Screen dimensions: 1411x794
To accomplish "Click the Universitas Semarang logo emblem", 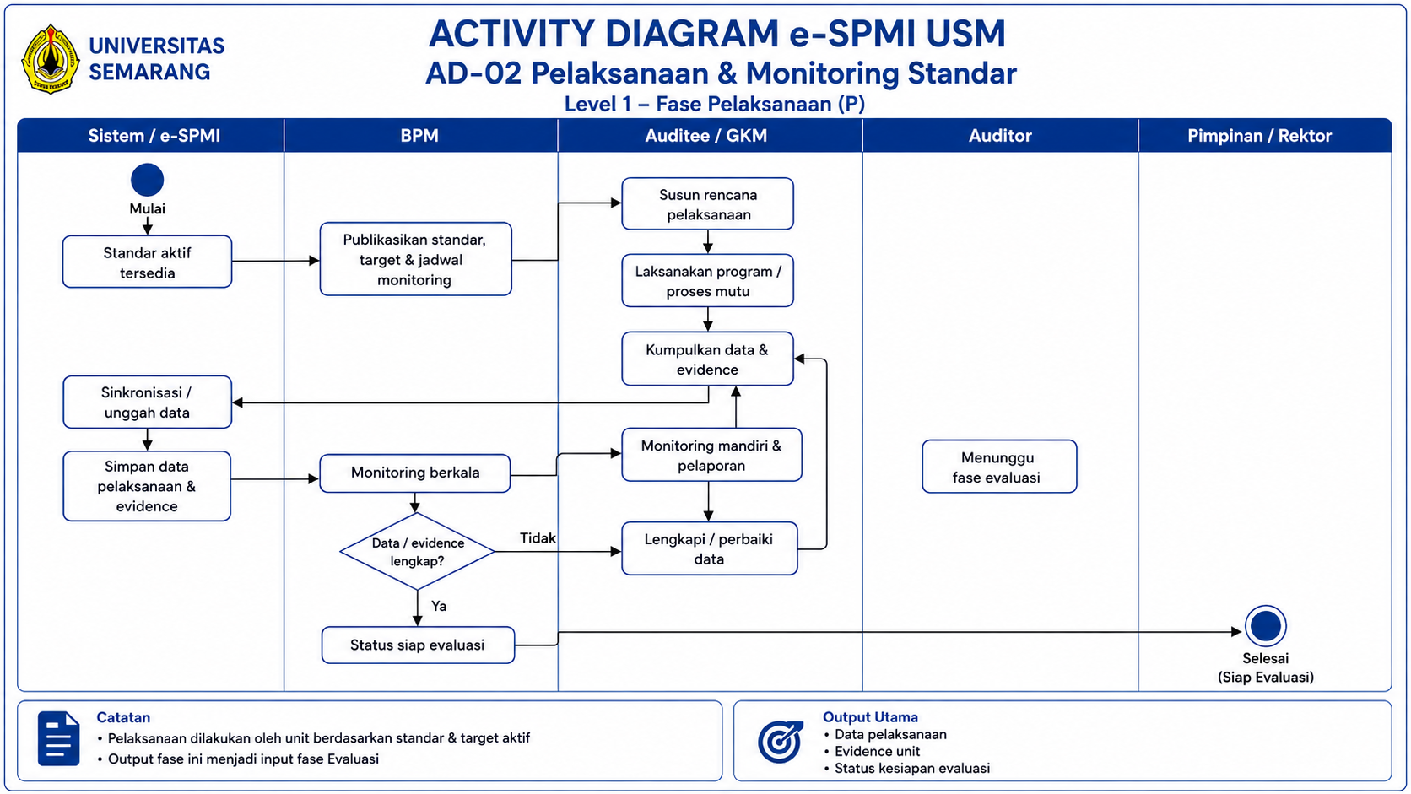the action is point(50,59).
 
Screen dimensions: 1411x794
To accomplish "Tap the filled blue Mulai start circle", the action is point(148,180).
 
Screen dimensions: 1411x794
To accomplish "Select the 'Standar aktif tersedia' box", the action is point(148,262).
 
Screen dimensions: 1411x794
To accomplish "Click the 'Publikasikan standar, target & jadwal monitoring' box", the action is point(416,259).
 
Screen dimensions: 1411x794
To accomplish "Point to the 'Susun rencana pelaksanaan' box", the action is point(707,204).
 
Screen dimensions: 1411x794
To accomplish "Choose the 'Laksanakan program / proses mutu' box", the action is point(707,281).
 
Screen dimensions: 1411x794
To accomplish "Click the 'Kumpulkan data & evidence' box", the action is point(707,359).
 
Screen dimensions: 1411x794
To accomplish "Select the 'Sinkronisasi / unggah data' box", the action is point(148,402).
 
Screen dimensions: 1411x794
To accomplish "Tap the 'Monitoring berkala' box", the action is point(415,473).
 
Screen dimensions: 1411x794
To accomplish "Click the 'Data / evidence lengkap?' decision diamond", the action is point(417,552).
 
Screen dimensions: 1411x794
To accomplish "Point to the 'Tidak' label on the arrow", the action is point(538,538).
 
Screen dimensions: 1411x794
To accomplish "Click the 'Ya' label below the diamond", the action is point(439,607).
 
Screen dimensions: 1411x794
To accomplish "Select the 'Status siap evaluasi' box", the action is point(418,645).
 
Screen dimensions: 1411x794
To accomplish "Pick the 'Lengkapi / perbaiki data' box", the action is point(709,548).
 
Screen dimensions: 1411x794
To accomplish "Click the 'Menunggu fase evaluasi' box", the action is point(999,467).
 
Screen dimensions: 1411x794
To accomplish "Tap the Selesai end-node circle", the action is point(1266,627).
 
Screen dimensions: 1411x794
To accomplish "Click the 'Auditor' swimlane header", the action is point(1000,135).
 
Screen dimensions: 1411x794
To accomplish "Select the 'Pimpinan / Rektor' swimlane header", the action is point(1260,135).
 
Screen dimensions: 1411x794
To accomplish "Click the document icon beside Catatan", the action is point(58,738).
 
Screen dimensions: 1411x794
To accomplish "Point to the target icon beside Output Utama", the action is point(781,742).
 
